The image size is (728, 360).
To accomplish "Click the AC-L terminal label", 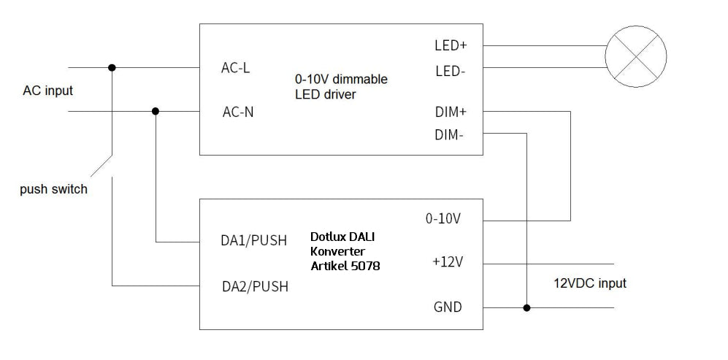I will point(235,68).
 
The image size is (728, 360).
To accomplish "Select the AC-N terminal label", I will point(238,112).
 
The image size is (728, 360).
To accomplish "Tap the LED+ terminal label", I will point(451,45).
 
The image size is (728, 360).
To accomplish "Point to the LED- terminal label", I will point(451,72).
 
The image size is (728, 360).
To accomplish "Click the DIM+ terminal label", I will point(450,112).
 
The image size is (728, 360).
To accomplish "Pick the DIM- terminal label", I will point(449,134).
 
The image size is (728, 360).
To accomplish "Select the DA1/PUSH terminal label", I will point(254,241).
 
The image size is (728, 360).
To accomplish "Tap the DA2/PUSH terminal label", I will point(255,286).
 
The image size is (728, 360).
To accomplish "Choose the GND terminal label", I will point(448,307).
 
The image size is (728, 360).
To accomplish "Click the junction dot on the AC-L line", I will point(112,68).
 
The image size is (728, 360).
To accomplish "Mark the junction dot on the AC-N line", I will point(156,112).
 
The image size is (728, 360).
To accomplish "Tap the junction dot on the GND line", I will point(526,307).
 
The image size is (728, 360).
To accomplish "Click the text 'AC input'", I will point(48,91).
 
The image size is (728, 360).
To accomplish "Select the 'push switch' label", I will point(54,189).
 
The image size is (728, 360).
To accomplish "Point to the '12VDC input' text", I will point(589,283).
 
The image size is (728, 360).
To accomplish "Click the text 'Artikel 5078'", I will point(345,267).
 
